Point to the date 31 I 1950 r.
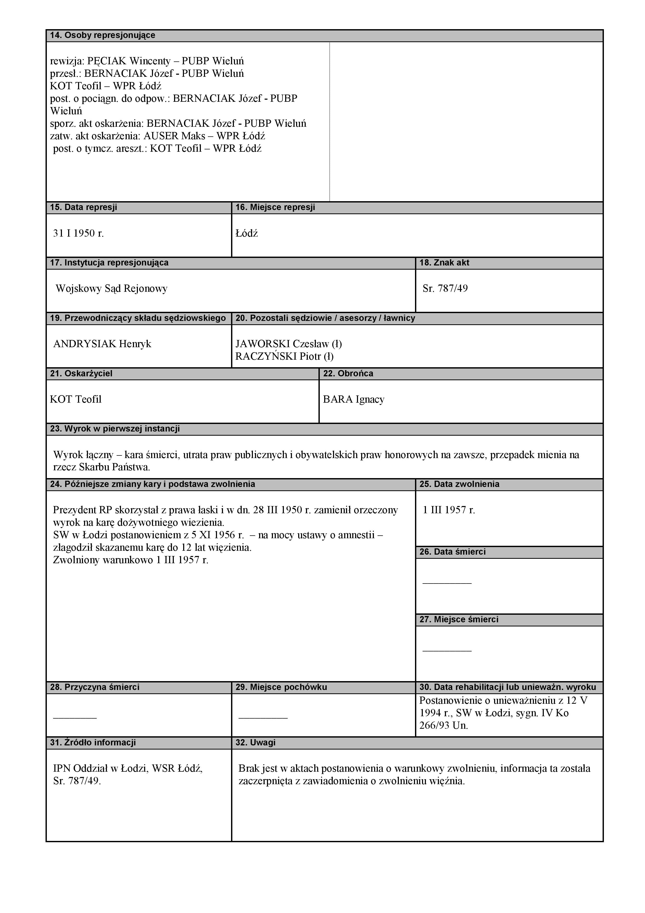click(x=78, y=233)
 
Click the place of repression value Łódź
click(x=246, y=233)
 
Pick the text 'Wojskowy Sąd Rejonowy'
click(x=111, y=289)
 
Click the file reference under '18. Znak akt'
click(x=445, y=289)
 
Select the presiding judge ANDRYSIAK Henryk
click(x=102, y=344)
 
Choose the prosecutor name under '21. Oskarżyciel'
click(x=75, y=399)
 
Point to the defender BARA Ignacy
click(x=353, y=399)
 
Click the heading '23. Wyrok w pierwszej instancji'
click(x=115, y=429)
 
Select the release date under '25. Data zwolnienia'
click(x=449, y=510)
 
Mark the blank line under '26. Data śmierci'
click(x=447, y=583)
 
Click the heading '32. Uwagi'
click(x=255, y=743)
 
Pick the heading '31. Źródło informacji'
click(x=93, y=743)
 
